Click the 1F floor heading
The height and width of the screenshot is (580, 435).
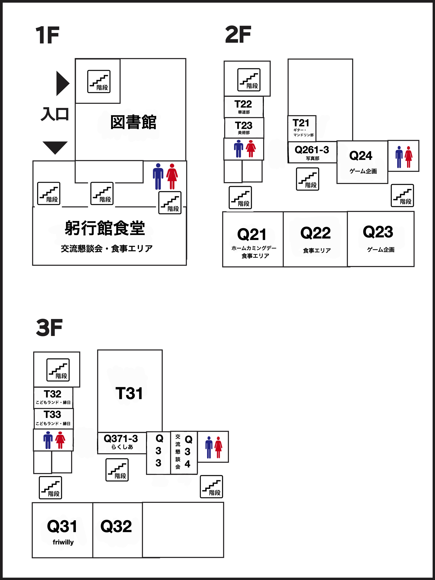(x=48, y=35)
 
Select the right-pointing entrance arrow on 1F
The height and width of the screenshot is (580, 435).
(x=62, y=83)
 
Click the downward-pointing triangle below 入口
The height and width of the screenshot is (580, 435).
(x=55, y=147)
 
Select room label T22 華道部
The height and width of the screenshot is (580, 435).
(x=243, y=106)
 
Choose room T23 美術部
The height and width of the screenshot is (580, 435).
(x=244, y=128)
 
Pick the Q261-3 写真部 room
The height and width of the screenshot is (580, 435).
(x=312, y=152)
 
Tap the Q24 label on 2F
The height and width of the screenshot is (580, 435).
(x=361, y=156)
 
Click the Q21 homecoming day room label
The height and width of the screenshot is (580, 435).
(x=252, y=234)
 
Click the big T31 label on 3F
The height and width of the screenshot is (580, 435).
(x=129, y=393)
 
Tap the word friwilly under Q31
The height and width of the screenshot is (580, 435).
(x=63, y=542)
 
